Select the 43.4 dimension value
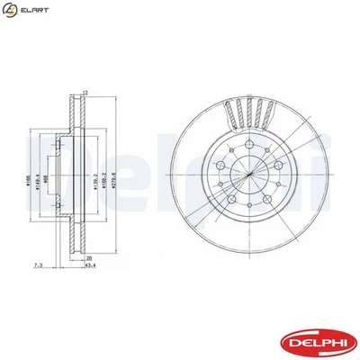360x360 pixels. [x=92, y=265]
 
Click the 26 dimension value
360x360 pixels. [x=88, y=256]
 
